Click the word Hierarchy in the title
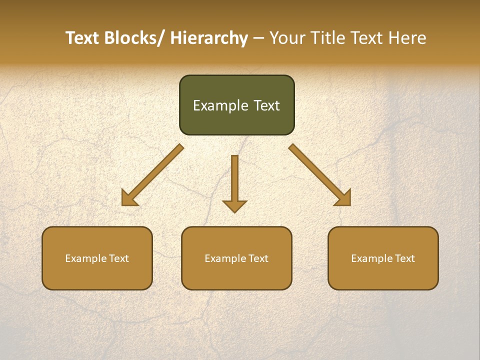click(209, 38)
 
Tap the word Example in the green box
click(220, 105)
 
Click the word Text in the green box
click(265, 105)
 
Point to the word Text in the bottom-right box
click(404, 258)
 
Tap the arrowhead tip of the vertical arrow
click(234, 212)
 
